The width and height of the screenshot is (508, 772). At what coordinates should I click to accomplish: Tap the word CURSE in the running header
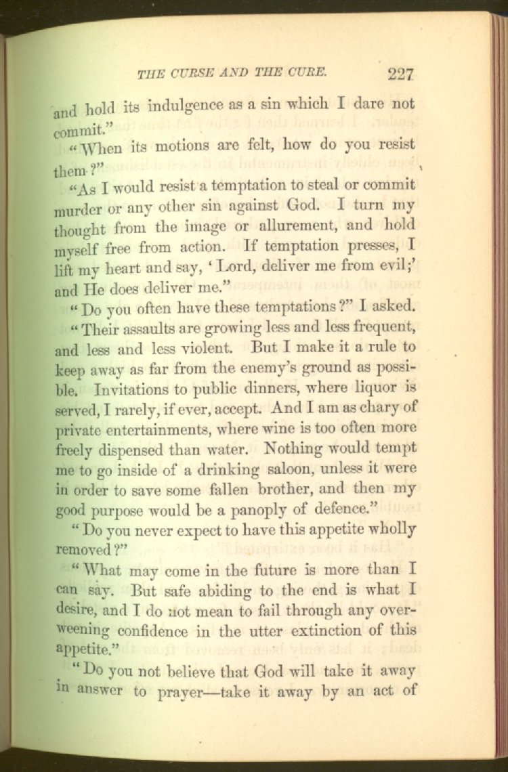tap(194, 73)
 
